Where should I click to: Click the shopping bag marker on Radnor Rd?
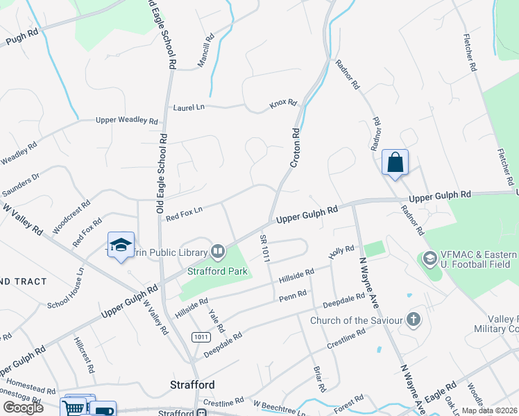[x=395, y=164]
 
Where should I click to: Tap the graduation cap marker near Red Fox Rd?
[x=121, y=245]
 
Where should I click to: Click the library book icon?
[x=218, y=251]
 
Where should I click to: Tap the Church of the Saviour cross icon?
[x=414, y=320]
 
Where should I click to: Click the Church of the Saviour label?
[x=356, y=320]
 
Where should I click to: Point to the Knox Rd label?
[x=283, y=105]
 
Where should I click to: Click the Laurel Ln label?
[x=189, y=107]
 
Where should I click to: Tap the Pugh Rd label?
[x=22, y=38]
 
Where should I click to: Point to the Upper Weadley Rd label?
[x=127, y=120]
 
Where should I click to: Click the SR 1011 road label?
[x=265, y=247]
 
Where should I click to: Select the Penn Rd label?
[x=292, y=297]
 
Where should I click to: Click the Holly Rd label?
[x=341, y=252]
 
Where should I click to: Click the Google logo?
[x=23, y=407]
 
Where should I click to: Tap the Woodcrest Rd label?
[x=71, y=215]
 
